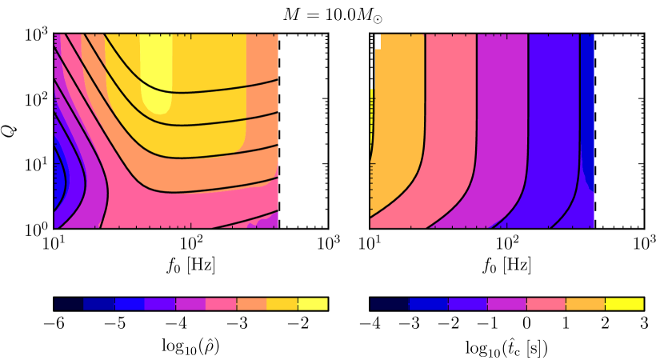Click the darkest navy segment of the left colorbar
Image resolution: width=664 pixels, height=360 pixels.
(x=69, y=304)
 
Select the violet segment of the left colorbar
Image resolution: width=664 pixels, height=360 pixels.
(x=160, y=304)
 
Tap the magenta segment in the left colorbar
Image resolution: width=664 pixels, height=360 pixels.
(x=190, y=304)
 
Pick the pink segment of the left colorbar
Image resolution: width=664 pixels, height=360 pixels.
(x=221, y=304)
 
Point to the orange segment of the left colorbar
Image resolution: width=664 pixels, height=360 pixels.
(x=251, y=304)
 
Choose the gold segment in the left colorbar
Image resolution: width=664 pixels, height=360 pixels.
(x=282, y=304)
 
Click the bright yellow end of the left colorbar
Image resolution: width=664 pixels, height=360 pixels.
(x=313, y=304)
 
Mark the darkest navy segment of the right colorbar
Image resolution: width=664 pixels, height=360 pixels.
(x=390, y=304)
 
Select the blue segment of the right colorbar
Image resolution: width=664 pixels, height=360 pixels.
(x=429, y=304)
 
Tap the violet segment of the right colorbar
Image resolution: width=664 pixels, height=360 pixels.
(x=468, y=304)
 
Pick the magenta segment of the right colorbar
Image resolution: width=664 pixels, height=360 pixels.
(x=507, y=304)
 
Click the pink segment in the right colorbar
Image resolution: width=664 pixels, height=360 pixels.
(x=546, y=304)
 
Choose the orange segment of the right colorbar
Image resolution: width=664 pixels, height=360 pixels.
(x=586, y=304)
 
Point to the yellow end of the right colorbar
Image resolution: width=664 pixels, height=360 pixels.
(x=625, y=304)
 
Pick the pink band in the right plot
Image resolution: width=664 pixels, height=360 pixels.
(x=450, y=120)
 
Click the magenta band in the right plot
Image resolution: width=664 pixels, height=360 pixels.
(x=502, y=120)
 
